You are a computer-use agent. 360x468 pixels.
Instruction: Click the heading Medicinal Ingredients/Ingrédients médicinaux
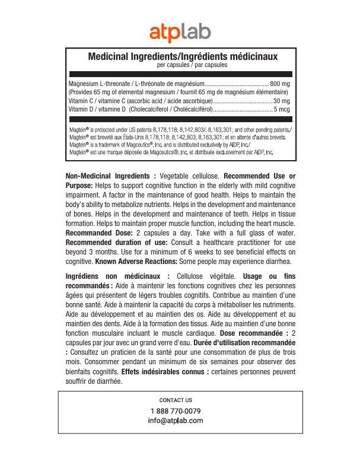(x=183, y=56)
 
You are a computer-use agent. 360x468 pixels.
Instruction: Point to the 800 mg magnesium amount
(x=279, y=84)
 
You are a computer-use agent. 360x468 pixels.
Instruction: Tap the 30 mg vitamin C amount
(x=282, y=101)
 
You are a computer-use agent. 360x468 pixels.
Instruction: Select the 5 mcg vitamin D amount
(x=282, y=109)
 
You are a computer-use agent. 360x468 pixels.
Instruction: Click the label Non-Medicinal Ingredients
(x=111, y=176)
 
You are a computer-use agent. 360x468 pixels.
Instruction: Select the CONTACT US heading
(x=176, y=400)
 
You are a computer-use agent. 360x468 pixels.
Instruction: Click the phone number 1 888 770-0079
(x=176, y=411)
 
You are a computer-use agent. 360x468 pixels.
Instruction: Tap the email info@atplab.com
(x=176, y=421)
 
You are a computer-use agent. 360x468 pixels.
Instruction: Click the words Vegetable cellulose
(x=190, y=176)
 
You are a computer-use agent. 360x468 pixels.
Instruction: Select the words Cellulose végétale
(x=206, y=276)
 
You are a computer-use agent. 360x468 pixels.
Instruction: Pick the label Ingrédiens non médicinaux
(x=118, y=276)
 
